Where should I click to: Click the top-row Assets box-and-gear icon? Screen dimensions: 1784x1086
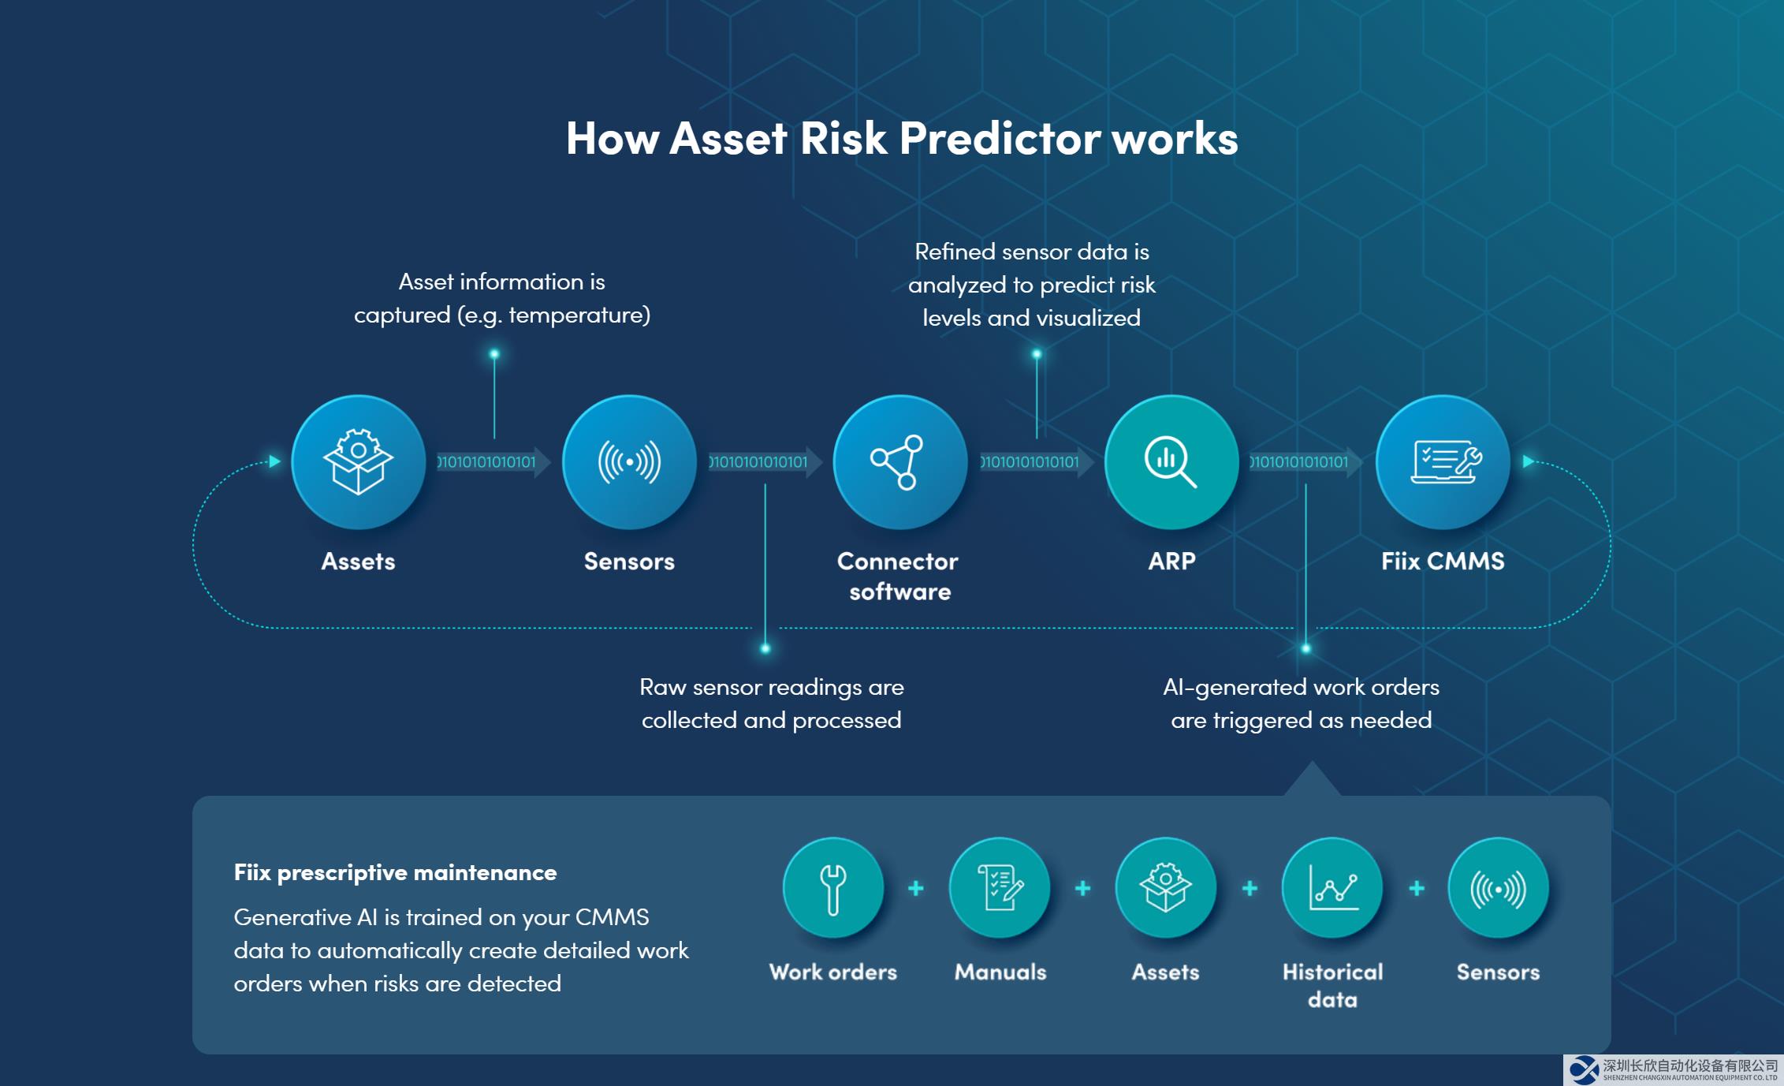coord(358,461)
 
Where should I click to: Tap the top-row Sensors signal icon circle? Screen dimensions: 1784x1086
coord(629,461)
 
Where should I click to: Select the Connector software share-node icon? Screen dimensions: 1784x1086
coord(900,461)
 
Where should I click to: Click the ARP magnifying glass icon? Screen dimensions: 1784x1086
coord(1171,461)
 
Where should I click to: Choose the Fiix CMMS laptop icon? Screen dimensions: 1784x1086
coord(1443,461)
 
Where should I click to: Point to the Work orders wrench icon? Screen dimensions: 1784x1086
coord(833,888)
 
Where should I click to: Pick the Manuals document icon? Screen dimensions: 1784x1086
coord(1000,888)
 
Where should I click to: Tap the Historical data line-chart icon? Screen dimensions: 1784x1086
coord(1332,888)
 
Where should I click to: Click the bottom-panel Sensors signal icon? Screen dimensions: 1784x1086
coord(1499,888)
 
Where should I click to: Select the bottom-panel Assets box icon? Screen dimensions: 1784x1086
coord(1166,888)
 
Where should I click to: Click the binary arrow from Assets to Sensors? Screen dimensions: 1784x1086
coord(493,462)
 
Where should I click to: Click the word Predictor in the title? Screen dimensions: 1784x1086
coord(1000,138)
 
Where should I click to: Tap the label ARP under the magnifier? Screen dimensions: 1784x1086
coord(1171,561)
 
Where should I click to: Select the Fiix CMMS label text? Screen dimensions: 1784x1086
coord(1443,561)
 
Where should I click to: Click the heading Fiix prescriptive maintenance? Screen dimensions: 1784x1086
coord(395,872)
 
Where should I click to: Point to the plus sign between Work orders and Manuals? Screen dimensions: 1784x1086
coord(916,889)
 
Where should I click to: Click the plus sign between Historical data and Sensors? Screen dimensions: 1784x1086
coord(1417,889)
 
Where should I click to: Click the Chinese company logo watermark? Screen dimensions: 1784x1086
coord(1674,1070)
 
